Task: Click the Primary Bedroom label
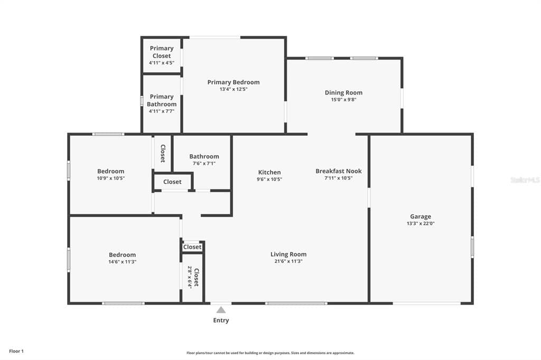pyautogui.click(x=233, y=82)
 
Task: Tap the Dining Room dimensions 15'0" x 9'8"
pyautogui.click(x=343, y=100)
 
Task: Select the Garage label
pyautogui.click(x=421, y=216)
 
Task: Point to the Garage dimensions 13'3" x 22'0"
pyautogui.click(x=421, y=224)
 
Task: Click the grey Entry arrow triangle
pyautogui.click(x=221, y=310)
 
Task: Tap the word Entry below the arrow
pyautogui.click(x=221, y=320)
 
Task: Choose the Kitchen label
pyautogui.click(x=269, y=172)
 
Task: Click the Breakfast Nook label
pyautogui.click(x=339, y=171)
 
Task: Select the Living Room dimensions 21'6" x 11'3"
pyautogui.click(x=288, y=261)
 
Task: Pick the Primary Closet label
pyautogui.click(x=162, y=52)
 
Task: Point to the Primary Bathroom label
pyautogui.click(x=162, y=100)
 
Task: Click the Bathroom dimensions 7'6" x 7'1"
pyautogui.click(x=204, y=164)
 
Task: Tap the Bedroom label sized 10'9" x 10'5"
pyautogui.click(x=111, y=171)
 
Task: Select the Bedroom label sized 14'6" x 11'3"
pyautogui.click(x=123, y=254)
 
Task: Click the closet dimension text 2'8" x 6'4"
pyautogui.click(x=189, y=277)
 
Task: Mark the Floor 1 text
pyautogui.click(x=16, y=351)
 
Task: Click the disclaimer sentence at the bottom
pyautogui.click(x=270, y=353)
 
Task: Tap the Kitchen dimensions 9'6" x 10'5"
pyautogui.click(x=269, y=179)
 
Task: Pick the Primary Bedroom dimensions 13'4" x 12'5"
pyautogui.click(x=233, y=89)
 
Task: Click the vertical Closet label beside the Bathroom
pyautogui.click(x=163, y=153)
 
